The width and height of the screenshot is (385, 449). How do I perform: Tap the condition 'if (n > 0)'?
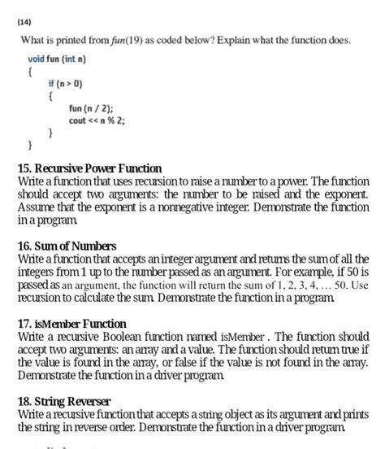coord(66,83)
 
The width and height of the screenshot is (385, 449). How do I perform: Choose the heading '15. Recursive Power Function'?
coord(89,168)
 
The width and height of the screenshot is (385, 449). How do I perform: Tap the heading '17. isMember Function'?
coord(71,323)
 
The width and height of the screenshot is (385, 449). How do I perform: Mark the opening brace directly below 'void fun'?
coord(30,72)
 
